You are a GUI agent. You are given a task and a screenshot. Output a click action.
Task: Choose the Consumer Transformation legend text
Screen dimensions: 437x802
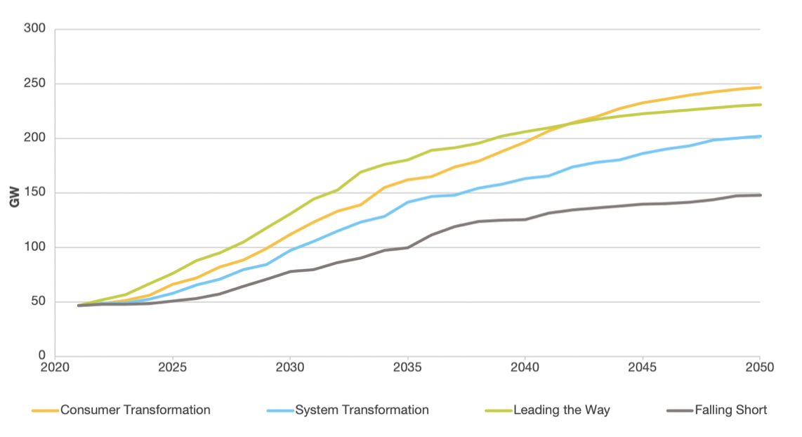[136, 410]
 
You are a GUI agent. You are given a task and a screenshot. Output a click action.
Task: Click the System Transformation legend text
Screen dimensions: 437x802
[362, 410]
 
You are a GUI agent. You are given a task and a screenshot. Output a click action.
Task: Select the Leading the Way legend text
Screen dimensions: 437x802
[562, 410]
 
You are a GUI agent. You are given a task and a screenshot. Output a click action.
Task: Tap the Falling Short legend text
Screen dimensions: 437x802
[731, 410]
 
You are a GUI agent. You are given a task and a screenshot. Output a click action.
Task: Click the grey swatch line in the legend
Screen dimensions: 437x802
[677, 410]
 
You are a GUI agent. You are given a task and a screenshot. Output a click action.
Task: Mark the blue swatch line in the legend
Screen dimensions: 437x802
[280, 410]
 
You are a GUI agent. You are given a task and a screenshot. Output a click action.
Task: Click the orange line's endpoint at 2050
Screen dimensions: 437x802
[760, 87]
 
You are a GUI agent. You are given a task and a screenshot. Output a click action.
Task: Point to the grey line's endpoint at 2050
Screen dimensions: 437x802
[760, 195]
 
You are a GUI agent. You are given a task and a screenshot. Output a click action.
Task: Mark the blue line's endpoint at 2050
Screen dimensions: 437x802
[760, 136]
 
